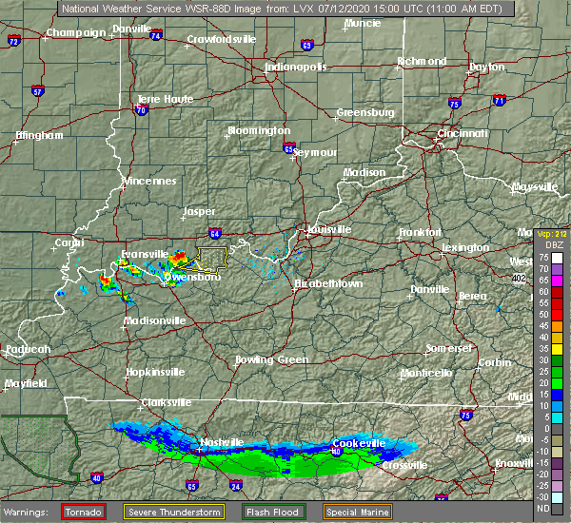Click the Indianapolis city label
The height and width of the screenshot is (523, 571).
pos(296,68)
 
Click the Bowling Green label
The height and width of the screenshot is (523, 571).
pos(272,360)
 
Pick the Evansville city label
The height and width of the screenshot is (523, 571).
pos(145,255)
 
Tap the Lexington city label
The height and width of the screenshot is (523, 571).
pos(465,248)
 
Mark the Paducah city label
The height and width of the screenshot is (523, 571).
pos(28,350)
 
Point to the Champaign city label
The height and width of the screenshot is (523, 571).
pos(77,32)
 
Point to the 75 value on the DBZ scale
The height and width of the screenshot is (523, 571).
pos(559,258)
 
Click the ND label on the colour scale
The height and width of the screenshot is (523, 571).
pos(559,508)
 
